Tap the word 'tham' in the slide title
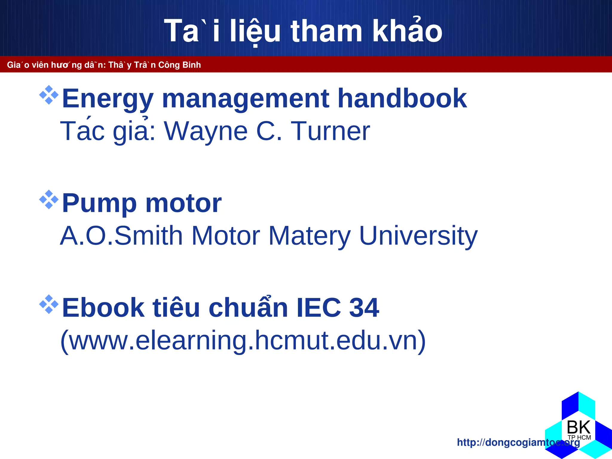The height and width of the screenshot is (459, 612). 326,31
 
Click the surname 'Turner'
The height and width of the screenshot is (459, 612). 330,131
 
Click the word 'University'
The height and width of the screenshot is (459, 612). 418,236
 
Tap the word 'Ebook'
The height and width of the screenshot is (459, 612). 103,307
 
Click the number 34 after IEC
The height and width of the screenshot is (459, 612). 364,307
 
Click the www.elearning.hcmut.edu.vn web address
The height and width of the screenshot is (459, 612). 243,341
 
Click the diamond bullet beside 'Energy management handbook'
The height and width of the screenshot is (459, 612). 49,95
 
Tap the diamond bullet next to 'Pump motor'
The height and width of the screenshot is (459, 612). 49,199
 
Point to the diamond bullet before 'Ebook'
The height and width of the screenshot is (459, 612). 49,304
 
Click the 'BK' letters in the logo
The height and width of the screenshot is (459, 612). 579,427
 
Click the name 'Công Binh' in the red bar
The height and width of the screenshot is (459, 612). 179,65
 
